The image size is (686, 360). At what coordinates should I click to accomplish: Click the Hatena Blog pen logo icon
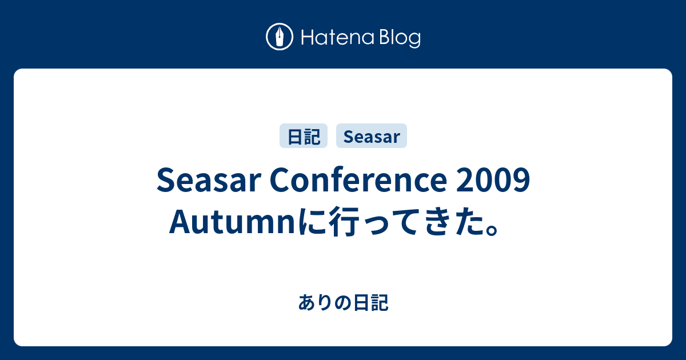[280, 37]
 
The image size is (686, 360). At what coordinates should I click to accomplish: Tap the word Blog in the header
[400, 38]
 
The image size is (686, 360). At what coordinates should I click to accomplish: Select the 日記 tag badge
[304, 136]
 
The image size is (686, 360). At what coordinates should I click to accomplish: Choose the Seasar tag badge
[372, 136]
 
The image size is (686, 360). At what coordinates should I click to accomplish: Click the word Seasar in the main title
[209, 180]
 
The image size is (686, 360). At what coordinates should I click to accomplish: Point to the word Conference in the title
[358, 180]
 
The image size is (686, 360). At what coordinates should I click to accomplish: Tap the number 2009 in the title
[493, 180]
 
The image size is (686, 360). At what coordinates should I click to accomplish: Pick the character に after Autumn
[313, 221]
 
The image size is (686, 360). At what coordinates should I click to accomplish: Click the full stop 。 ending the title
[492, 230]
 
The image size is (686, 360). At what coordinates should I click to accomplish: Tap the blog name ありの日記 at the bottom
[344, 302]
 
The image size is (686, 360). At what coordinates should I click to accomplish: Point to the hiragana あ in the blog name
[307, 302]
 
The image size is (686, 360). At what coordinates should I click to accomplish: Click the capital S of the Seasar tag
[349, 137]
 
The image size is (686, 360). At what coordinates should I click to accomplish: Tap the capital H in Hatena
[308, 37]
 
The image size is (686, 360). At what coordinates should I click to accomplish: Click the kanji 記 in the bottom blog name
[380, 302]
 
